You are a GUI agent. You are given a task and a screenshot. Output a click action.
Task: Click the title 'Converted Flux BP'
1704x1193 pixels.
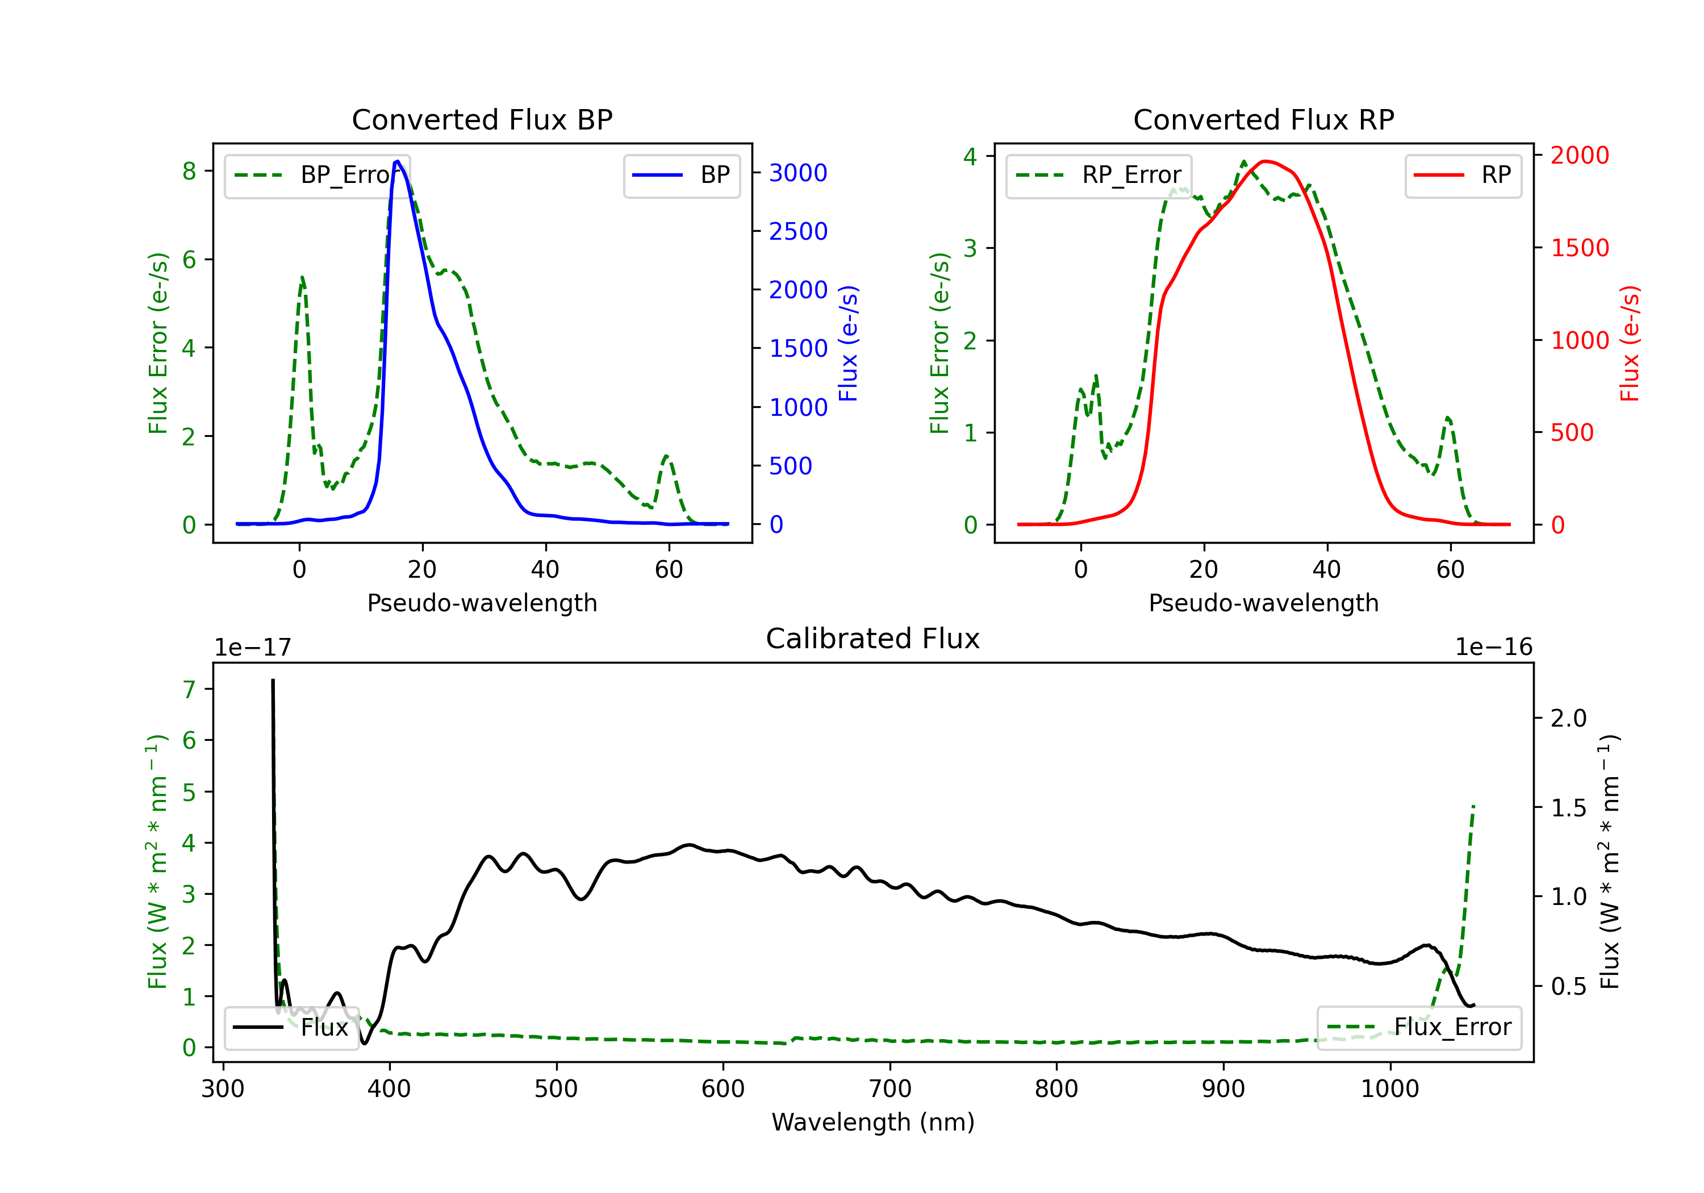click(482, 119)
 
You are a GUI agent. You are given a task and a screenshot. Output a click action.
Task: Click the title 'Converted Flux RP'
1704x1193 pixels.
click(1263, 119)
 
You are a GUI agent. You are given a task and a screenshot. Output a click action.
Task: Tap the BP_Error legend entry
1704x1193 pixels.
click(318, 175)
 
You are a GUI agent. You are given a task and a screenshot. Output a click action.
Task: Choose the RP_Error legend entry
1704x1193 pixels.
click(1099, 175)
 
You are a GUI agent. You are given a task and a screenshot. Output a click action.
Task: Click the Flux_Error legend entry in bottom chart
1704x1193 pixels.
click(1418, 1028)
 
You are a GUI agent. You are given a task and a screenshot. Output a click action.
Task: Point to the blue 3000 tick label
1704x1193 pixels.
click(798, 173)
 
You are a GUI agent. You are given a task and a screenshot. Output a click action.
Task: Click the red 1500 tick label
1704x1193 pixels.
click(1579, 248)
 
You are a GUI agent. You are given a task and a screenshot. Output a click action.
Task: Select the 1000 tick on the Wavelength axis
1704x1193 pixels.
click(1389, 1089)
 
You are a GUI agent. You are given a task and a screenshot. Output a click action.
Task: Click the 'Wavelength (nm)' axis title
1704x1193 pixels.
click(873, 1122)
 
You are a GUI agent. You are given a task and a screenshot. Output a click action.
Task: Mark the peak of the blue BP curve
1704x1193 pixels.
click(398, 161)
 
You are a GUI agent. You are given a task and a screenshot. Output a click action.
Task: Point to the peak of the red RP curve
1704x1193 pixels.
click(1266, 161)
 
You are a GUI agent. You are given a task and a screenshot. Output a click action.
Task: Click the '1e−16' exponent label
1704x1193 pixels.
click(1493, 648)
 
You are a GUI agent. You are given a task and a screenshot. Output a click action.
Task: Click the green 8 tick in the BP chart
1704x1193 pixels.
click(189, 172)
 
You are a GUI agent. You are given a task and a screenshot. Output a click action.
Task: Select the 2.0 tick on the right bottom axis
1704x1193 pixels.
click(1568, 718)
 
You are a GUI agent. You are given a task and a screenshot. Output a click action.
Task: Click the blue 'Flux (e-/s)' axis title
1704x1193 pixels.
click(847, 343)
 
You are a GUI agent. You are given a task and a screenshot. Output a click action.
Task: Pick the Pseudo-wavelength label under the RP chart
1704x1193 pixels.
click(1263, 603)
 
